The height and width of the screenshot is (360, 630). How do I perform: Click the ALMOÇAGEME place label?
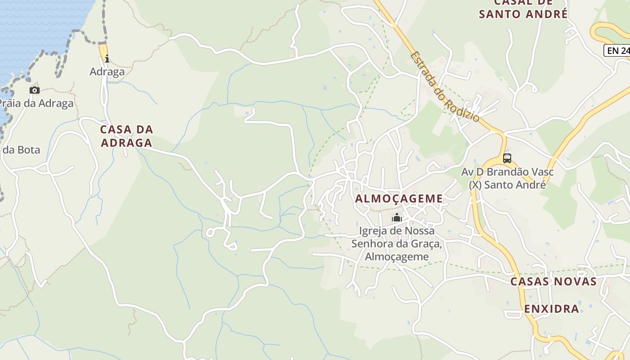point(399,198)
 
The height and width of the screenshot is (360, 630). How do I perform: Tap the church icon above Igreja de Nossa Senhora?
point(396,218)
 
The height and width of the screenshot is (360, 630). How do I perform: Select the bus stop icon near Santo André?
point(507,158)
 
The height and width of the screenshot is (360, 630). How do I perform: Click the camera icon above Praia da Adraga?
point(35,90)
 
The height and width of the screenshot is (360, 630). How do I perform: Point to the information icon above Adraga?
point(107,58)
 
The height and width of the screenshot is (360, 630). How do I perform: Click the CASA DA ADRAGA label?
point(126,136)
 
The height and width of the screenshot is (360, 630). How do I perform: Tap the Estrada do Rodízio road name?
point(445,87)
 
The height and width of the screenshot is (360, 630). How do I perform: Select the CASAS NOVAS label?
point(553,282)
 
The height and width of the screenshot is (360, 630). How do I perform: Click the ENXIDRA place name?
point(551,309)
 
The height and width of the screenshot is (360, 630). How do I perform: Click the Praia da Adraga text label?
point(36,103)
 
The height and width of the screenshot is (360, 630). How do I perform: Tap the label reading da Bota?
point(21,150)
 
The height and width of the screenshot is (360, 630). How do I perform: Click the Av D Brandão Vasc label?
point(507,172)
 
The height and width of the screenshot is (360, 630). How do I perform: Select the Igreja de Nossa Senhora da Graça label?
point(397,243)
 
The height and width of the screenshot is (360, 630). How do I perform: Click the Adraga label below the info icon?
point(107,72)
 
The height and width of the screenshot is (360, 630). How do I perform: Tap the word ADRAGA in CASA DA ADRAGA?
point(126,143)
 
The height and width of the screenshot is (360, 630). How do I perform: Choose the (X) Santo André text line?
point(507,184)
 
